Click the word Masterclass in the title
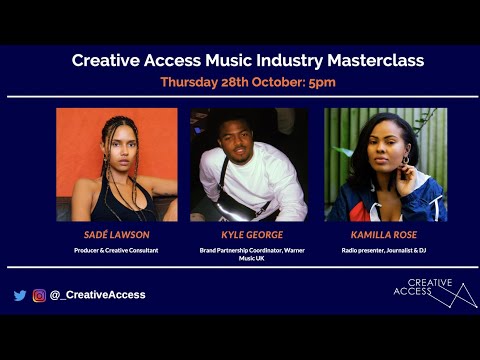click(371, 61)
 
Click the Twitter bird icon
click(20, 295)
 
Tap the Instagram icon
click(39, 295)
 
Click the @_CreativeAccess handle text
click(97, 295)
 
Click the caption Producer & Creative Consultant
click(116, 249)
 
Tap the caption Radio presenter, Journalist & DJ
click(385, 249)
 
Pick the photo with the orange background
click(116, 164)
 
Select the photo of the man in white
click(249, 164)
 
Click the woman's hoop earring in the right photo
click(406, 159)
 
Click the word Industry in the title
click(290, 61)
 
